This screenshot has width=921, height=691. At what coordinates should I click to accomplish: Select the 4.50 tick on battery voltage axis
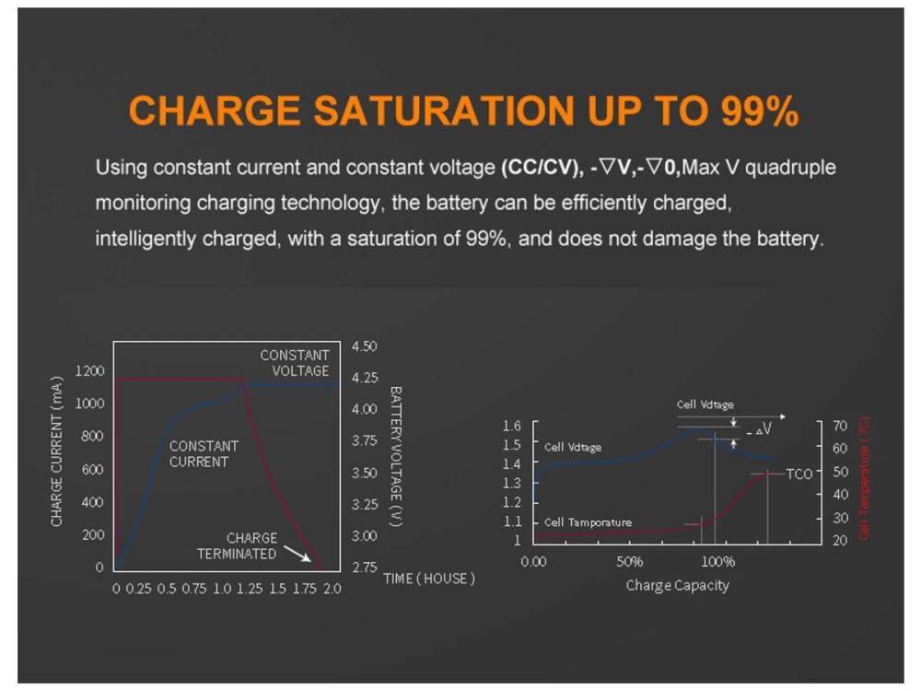(365, 345)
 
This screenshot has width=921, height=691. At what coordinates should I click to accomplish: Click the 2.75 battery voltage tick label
(365, 567)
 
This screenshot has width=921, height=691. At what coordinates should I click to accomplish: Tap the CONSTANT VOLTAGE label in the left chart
(295, 363)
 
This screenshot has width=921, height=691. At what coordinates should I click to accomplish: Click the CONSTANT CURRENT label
(204, 453)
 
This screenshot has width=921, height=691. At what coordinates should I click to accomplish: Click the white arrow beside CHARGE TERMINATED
(297, 553)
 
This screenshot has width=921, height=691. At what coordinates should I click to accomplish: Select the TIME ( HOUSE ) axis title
(429, 579)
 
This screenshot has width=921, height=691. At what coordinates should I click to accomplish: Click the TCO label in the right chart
(799, 474)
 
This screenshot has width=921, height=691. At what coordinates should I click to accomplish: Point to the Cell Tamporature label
(588, 522)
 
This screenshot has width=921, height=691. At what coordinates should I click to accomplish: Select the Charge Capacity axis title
(677, 585)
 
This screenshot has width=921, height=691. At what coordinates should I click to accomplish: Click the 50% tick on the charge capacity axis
(629, 562)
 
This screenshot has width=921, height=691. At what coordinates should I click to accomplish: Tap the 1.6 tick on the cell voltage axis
(512, 427)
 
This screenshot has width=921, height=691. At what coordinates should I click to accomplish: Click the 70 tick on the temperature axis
(840, 427)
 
